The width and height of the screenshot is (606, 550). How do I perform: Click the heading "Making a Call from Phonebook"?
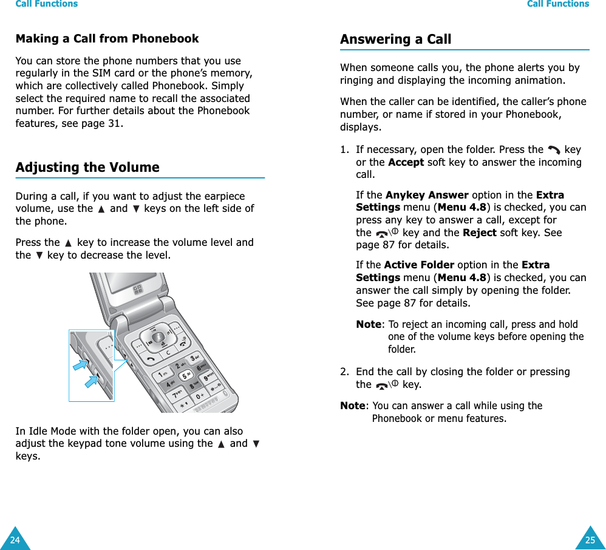[107, 39]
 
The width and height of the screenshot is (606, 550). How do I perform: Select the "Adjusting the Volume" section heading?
[87, 168]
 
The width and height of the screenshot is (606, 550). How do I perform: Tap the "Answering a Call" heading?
[395, 39]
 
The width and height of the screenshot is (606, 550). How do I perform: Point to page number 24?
[14, 540]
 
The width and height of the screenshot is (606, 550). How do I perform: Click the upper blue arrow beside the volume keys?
[80, 365]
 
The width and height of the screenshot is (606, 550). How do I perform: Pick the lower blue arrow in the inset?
[92, 382]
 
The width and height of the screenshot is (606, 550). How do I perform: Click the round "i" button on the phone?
[158, 337]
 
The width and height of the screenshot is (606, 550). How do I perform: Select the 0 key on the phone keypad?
[200, 396]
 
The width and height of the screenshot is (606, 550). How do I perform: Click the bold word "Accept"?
[406, 162]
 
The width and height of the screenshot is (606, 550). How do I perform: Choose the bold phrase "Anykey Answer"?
[427, 195]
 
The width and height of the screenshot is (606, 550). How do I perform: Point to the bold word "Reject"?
[479, 233]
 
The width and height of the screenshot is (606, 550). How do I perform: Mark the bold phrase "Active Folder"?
[419, 265]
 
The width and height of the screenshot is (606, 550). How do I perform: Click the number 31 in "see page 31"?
[114, 123]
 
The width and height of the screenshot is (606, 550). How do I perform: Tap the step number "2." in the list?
[344, 372]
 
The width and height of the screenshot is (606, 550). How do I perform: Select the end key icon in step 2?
[386, 385]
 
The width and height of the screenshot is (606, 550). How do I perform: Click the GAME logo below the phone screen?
[139, 289]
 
